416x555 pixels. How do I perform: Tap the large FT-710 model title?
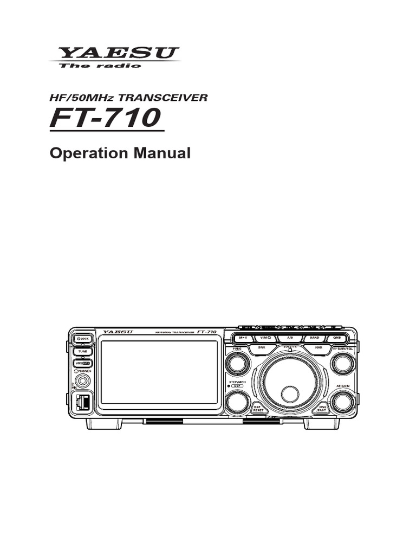point(106,119)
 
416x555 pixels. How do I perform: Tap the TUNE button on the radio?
point(82,351)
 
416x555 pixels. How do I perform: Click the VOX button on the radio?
point(82,363)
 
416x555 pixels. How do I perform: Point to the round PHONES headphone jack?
point(83,380)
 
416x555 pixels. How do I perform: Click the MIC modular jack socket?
point(82,402)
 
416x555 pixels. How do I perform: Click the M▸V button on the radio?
point(243,338)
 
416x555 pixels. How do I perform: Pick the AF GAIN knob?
point(342,402)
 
